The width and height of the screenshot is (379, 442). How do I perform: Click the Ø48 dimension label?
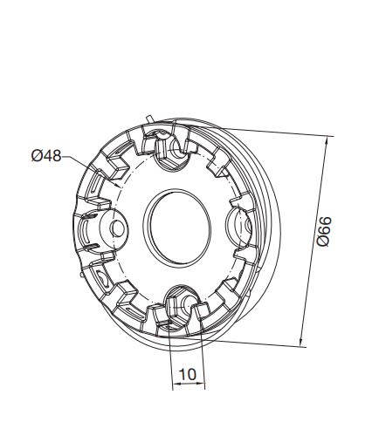coord(46,156)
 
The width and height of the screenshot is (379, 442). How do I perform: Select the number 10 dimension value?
coord(188,374)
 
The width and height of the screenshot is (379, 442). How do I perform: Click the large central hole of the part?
coord(177,228)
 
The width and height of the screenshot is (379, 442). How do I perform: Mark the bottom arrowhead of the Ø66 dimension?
coord(302,342)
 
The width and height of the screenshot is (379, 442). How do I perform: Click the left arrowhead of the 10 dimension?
coord(176,384)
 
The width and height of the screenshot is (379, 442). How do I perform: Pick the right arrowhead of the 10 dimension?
coord(202,384)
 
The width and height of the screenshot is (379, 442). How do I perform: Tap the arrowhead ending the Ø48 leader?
coord(118,185)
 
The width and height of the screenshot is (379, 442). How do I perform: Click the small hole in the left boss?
coord(118,228)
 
